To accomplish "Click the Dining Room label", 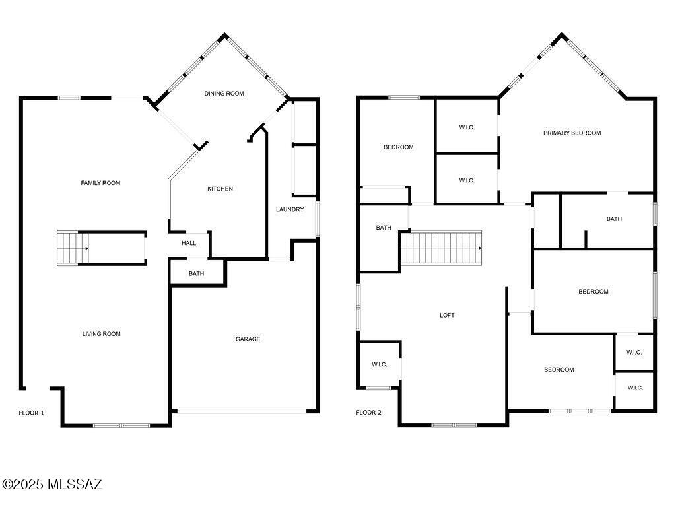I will tap(224, 94).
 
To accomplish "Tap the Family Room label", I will tap(100, 183).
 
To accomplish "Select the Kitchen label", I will tap(220, 189).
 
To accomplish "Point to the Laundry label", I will tap(290, 210).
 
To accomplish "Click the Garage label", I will tap(248, 339).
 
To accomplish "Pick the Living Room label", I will tap(101, 334).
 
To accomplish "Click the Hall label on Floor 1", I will tap(189, 243).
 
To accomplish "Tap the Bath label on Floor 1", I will tap(196, 273).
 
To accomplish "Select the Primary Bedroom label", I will tap(572, 133).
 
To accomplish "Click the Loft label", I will tap(447, 315).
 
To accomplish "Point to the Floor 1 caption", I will tap(31, 413).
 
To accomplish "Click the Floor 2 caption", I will tap(368, 413).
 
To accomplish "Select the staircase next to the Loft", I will tap(441, 248).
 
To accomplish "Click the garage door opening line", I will tap(242, 411).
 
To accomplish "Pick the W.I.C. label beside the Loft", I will tap(379, 364).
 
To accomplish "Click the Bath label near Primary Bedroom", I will tap(614, 219).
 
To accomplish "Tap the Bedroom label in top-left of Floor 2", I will tap(398, 147).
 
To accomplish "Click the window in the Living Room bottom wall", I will tap(121, 425).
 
